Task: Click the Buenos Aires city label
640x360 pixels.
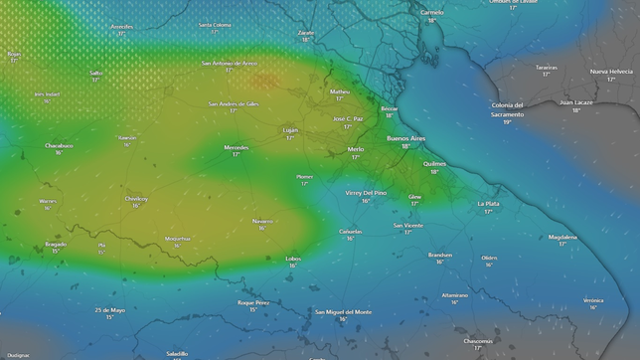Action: (x=405, y=138)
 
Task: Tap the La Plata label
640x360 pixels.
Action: (x=488, y=203)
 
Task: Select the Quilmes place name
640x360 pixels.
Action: (x=434, y=163)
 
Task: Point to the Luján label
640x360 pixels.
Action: (x=290, y=129)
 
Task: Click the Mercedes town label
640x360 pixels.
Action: (x=237, y=147)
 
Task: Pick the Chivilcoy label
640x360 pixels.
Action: (x=136, y=198)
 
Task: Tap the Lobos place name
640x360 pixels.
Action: (x=293, y=259)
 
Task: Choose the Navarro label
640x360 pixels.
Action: (x=262, y=221)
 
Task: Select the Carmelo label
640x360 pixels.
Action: (x=431, y=13)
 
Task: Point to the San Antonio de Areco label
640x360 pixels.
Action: (x=230, y=63)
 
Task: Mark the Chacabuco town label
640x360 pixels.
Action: (x=60, y=145)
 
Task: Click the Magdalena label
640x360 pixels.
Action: (x=562, y=237)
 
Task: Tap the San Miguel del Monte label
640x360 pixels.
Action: (x=343, y=312)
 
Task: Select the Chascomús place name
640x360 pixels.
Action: (x=478, y=340)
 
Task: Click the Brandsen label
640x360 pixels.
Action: (x=440, y=254)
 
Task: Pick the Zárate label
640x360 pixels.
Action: (x=306, y=33)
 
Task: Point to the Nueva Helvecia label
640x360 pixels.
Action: (x=611, y=72)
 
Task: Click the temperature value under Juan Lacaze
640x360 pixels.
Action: (x=576, y=109)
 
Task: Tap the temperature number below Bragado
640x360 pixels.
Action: (x=56, y=251)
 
